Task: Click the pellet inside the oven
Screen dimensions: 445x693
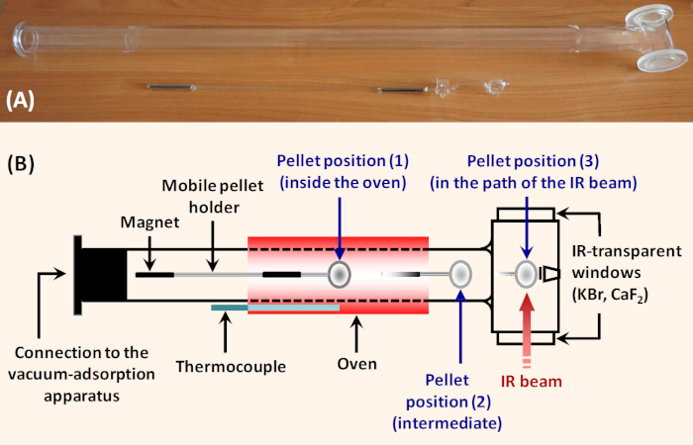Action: click(339, 274)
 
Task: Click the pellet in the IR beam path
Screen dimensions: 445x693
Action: click(526, 273)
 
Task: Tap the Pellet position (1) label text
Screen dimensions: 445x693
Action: click(343, 171)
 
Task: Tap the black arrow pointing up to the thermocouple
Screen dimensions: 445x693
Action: click(226, 334)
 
